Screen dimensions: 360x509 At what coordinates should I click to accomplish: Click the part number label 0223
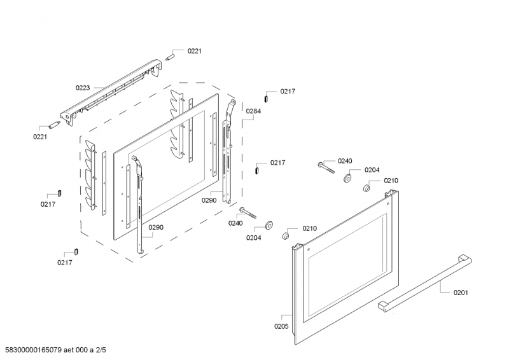click(83, 88)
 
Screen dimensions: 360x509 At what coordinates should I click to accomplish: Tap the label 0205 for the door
click(281, 326)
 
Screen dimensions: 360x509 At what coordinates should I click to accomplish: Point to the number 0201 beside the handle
click(461, 293)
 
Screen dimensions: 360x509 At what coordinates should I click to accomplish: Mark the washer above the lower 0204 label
click(268, 224)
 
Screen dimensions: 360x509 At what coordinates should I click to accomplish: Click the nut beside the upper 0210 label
click(367, 188)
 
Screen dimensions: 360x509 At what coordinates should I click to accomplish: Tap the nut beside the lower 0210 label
click(286, 237)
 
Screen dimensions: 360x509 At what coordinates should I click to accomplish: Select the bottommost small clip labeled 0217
click(76, 251)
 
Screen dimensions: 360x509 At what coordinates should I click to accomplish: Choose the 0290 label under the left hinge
click(156, 227)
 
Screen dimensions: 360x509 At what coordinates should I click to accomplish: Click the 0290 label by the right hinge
click(209, 200)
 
